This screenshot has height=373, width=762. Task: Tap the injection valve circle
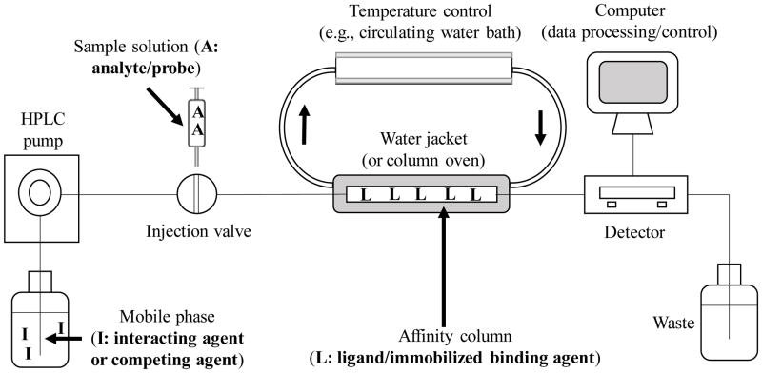(x=199, y=194)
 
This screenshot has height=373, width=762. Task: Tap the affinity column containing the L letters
(x=420, y=194)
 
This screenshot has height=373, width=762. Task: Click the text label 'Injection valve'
(x=199, y=231)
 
